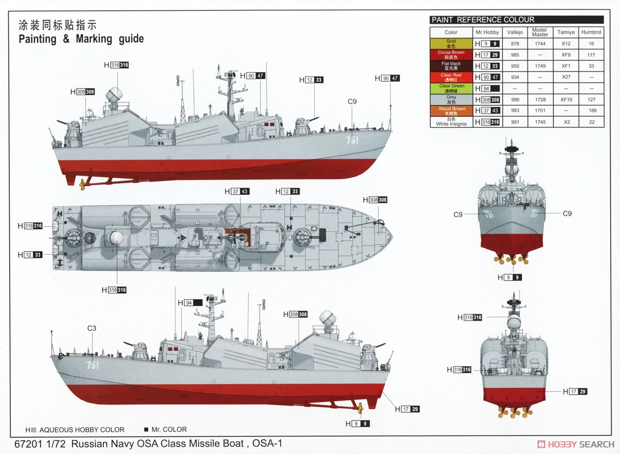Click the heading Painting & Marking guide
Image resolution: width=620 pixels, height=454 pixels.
tap(81, 39)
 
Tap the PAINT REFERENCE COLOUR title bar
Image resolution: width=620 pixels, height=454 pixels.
tap(517, 20)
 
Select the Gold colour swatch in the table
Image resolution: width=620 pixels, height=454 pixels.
tap(451, 44)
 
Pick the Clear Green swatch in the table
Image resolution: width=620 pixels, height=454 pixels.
tap(451, 88)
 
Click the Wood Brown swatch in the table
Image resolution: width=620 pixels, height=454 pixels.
tap(451, 111)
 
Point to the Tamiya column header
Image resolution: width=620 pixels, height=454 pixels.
tap(566, 33)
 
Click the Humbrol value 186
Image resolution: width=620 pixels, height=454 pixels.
tap(592, 110)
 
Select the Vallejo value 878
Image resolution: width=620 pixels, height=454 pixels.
tap(515, 44)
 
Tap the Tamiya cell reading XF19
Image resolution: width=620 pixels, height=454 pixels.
tap(566, 100)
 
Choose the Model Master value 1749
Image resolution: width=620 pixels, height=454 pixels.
tap(540, 66)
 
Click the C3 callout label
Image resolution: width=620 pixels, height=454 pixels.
tap(91, 328)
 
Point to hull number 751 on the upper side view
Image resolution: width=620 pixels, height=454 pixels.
tap(352, 140)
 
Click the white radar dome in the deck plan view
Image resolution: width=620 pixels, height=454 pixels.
tap(115, 238)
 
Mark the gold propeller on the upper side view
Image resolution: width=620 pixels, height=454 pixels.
tap(82, 185)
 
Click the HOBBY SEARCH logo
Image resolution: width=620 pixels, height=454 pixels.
tap(576, 444)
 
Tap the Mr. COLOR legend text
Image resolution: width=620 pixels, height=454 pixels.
tap(169, 429)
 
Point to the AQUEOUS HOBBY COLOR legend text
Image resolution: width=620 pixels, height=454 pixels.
tap(82, 430)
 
